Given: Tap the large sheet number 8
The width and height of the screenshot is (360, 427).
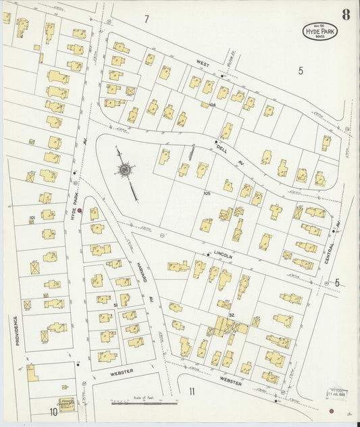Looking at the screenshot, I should coord(346,14).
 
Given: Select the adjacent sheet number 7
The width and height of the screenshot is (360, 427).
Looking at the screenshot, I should coord(146,19).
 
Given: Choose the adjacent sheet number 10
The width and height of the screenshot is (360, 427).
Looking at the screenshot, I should coord(53,411).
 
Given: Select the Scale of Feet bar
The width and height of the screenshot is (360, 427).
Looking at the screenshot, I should coord(144,403).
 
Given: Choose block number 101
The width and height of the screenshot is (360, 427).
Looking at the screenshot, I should coord(32,218).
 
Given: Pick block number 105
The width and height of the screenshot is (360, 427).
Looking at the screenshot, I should coord(207,194).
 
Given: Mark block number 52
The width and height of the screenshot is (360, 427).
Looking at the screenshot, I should coord(230,315).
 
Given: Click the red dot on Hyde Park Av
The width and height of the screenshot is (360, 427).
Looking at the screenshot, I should coord(80,211).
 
